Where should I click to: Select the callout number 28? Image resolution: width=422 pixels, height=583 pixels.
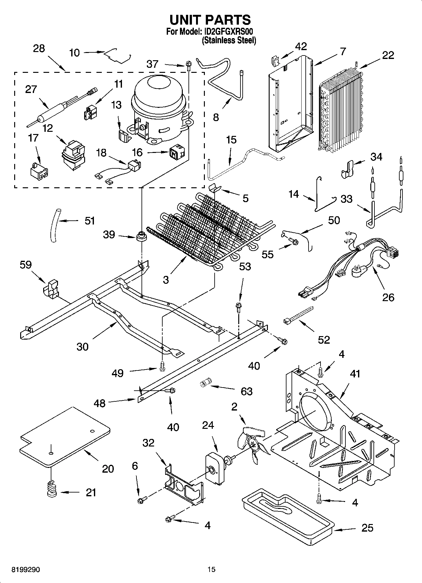point(39,49)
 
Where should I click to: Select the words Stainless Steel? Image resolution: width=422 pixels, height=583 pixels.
point(229,40)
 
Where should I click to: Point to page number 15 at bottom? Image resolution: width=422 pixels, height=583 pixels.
point(211,569)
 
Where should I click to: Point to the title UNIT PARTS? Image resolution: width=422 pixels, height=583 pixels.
point(210,20)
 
